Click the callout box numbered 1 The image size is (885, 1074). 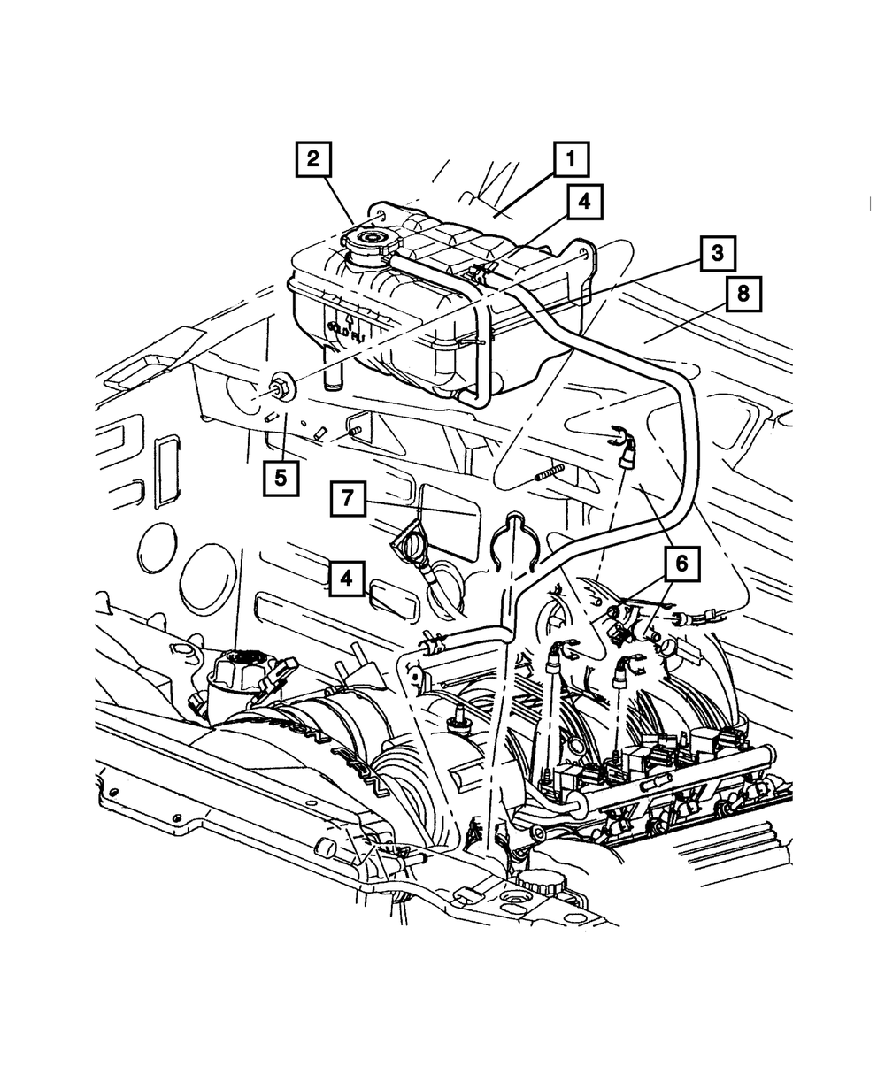pyautogui.click(x=571, y=160)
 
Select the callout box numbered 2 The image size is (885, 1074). pyautogui.click(x=312, y=160)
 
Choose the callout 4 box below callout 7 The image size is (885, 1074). pyautogui.click(x=347, y=579)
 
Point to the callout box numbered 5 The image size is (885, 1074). pyautogui.click(x=280, y=479)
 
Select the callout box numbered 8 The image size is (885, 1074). pyautogui.click(x=743, y=295)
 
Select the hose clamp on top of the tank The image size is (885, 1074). pyautogui.click(x=479, y=273)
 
